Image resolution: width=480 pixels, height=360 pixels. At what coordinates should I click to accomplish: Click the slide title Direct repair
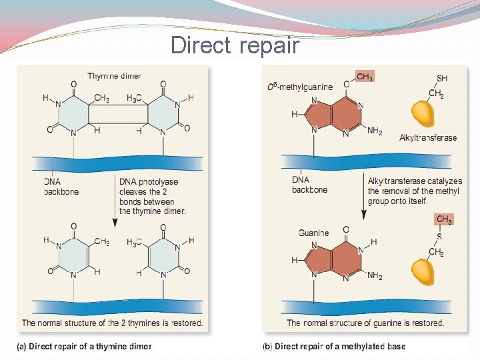tap(235, 45)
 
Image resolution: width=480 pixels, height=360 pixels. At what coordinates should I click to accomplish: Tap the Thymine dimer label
tap(114, 76)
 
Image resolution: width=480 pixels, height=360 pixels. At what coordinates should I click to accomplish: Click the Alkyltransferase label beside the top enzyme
tap(428, 138)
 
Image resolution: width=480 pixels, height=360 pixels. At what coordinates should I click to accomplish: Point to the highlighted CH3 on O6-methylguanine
tap(365, 77)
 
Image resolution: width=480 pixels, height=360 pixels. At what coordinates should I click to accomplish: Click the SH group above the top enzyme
tap(441, 79)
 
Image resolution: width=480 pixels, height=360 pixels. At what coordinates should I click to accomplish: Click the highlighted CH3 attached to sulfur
tap(443, 219)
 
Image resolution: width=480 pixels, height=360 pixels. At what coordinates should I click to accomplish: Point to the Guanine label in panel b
tap(313, 233)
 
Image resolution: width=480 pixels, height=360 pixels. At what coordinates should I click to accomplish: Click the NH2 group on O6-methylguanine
tap(375, 131)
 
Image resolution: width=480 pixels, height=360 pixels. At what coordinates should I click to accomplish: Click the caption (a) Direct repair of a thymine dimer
tap(85, 346)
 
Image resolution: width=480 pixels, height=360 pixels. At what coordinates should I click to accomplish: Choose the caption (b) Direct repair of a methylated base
tap(335, 346)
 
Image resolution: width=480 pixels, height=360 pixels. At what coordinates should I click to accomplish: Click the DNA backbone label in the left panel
tap(61, 187)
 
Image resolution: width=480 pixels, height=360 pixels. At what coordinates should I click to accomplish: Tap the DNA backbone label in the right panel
tap(310, 185)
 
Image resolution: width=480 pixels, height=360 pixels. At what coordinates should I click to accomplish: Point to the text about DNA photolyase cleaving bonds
tap(153, 197)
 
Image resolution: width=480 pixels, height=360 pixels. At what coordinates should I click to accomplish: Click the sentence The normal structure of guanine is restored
tap(365, 323)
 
